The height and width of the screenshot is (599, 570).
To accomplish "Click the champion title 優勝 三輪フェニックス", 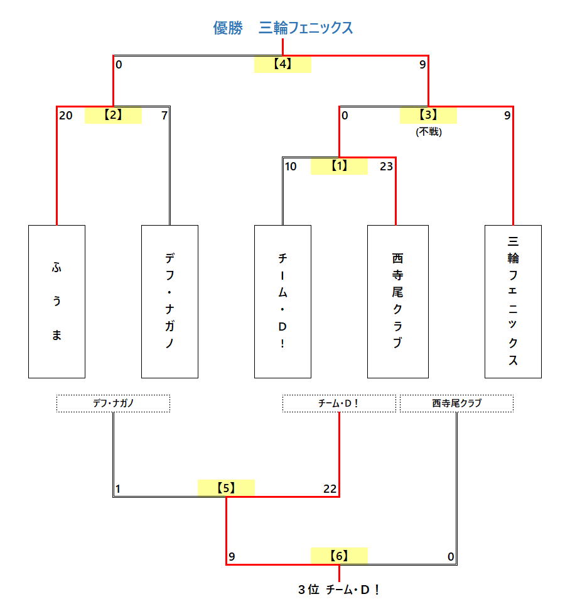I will click(x=282, y=28).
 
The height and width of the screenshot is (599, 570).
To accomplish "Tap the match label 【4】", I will click(x=282, y=64).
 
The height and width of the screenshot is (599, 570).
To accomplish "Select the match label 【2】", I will click(x=113, y=115).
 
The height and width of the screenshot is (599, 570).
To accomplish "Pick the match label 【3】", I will click(x=428, y=115).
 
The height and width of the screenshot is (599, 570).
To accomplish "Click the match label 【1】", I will click(x=339, y=166).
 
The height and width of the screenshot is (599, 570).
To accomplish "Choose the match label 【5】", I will click(x=226, y=488).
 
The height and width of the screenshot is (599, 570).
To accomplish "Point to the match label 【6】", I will click(x=339, y=556).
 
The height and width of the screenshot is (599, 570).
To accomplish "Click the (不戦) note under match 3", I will click(x=429, y=132).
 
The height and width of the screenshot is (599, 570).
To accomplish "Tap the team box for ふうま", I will click(x=56, y=301).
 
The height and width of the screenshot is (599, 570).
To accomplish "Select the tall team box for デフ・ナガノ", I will click(x=169, y=301).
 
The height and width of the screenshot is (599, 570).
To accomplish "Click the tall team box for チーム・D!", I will click(x=282, y=301).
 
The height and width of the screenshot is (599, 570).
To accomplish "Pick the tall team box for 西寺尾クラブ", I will click(x=397, y=301).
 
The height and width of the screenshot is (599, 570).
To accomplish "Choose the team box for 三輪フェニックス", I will click(x=513, y=301).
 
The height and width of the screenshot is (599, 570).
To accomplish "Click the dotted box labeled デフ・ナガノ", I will click(x=114, y=404).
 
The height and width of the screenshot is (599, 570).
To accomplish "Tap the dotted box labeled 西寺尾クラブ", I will click(x=456, y=404).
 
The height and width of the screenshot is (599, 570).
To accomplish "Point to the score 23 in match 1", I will click(x=386, y=167).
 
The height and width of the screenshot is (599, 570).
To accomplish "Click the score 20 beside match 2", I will click(x=65, y=116).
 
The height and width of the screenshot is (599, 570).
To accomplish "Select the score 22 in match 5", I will click(x=330, y=489).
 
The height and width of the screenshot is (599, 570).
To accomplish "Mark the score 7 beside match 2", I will click(x=164, y=116).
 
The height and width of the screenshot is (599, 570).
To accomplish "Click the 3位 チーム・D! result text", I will click(x=339, y=590).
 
